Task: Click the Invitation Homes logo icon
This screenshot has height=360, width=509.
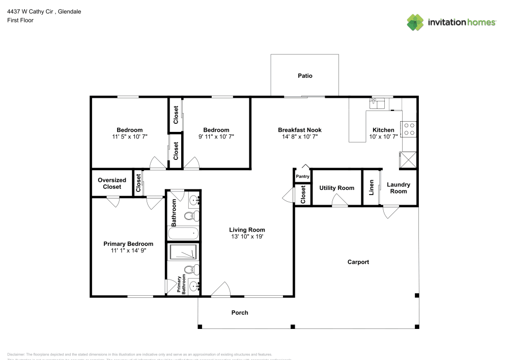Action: tap(415, 22)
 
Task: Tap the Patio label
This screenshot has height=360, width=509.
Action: tap(305, 76)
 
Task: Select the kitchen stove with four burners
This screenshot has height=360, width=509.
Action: tap(409, 129)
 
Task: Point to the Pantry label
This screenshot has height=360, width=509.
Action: tap(302, 177)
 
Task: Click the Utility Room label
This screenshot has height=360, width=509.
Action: tap(336, 188)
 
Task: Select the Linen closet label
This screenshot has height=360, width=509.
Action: tap(372, 187)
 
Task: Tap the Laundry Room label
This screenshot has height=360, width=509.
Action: tap(399, 188)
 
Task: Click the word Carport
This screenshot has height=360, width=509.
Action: tap(358, 262)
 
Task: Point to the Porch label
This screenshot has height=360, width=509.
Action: tap(240, 313)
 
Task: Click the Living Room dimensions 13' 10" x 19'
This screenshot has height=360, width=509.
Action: tap(247, 237)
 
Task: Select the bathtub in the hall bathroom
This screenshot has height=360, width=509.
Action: tap(183, 234)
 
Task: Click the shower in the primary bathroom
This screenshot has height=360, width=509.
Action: tap(183, 253)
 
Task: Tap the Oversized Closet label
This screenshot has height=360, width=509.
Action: tap(112, 183)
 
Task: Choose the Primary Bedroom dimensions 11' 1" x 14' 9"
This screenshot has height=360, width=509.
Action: tap(128, 251)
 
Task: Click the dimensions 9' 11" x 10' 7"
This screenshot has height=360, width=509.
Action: tap(216, 137)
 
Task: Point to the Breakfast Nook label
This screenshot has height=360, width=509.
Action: tap(300, 130)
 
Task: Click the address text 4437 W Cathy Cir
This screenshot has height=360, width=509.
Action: tap(30, 11)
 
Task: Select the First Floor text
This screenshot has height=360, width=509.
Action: tap(20, 20)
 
